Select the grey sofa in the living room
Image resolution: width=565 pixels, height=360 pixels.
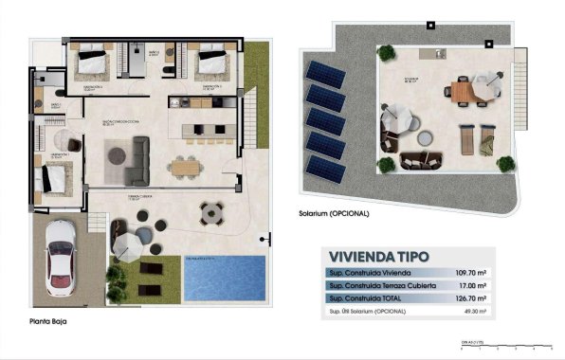(138, 160)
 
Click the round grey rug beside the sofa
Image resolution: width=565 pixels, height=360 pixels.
(119, 154)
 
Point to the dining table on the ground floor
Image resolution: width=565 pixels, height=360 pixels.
(185, 167)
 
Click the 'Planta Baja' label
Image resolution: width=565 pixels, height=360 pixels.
(48, 323)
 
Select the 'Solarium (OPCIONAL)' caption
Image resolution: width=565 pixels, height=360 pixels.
(334, 213)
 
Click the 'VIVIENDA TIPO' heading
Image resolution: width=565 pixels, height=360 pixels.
(377, 256)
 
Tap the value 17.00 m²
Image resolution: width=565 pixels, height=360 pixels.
(470, 284)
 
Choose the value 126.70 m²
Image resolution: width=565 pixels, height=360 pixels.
(468, 297)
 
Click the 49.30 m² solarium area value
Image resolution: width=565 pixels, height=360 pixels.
(470, 311)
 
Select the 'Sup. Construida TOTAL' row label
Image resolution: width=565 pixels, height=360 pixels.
(365, 297)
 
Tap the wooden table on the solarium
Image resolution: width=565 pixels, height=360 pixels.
(462, 92)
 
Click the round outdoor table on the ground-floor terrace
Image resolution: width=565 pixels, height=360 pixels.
(210, 214)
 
